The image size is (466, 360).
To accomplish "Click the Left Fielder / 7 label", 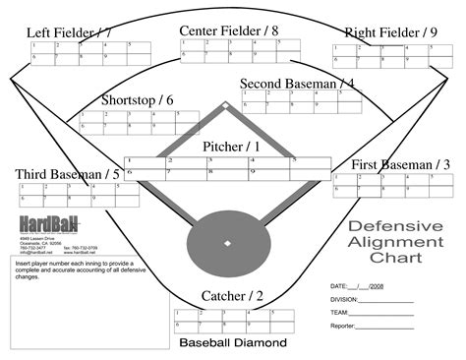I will pos(68,33).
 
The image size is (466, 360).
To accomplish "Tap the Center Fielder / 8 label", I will pos(228,31).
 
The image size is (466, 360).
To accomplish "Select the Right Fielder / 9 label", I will pos(391,33).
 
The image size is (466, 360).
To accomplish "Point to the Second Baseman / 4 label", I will pos(297,84).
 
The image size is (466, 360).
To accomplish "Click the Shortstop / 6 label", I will pos(138,99).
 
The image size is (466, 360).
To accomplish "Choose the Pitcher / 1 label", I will pos(231,147).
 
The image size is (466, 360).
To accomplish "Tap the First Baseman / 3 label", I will pos(401,164).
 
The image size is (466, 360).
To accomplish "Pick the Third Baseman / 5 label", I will pos(68,174).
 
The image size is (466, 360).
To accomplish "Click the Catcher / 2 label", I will pos(232,296).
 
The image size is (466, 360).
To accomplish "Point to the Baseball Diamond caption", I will pos(232,343).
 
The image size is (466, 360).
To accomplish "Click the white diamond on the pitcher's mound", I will pos(227,241).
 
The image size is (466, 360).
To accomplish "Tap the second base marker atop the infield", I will pos(225,104).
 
